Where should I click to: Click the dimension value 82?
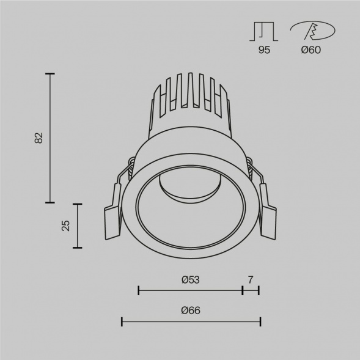click(39, 138)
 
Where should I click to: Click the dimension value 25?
click(66, 226)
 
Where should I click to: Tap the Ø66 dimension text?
click(191, 310)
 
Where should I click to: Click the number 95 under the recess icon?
click(264, 51)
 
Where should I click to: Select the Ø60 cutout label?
click(312, 51)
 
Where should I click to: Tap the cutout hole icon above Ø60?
click(312, 31)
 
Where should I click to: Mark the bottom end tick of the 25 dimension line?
click(78, 248)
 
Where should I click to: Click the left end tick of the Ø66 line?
click(122, 321)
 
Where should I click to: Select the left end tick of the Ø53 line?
click(139, 290)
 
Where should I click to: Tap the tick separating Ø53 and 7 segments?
click(243, 290)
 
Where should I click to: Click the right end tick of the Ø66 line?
click(260, 321)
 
